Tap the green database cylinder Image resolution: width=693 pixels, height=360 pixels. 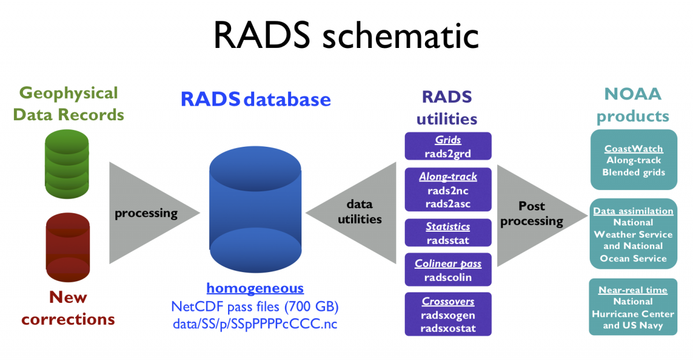click(x=66, y=162)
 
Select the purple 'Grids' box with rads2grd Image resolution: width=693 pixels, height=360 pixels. click(x=448, y=146)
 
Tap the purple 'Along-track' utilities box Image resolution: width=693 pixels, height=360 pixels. click(x=448, y=189)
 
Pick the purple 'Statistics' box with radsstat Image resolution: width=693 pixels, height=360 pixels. click(x=448, y=233)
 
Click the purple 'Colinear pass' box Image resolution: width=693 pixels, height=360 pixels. click(x=448, y=270)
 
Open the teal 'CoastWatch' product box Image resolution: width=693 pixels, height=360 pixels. click(x=634, y=159)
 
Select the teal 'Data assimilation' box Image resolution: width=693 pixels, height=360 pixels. click(x=634, y=233)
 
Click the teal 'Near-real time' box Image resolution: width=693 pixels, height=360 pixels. click(x=634, y=307)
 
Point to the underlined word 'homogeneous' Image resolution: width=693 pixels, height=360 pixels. click(x=255, y=288)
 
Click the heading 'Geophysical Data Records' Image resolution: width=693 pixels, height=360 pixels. click(x=68, y=103)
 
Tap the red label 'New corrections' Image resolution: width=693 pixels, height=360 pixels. click(x=68, y=308)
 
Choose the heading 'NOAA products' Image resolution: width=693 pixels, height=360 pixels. click(x=633, y=105)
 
